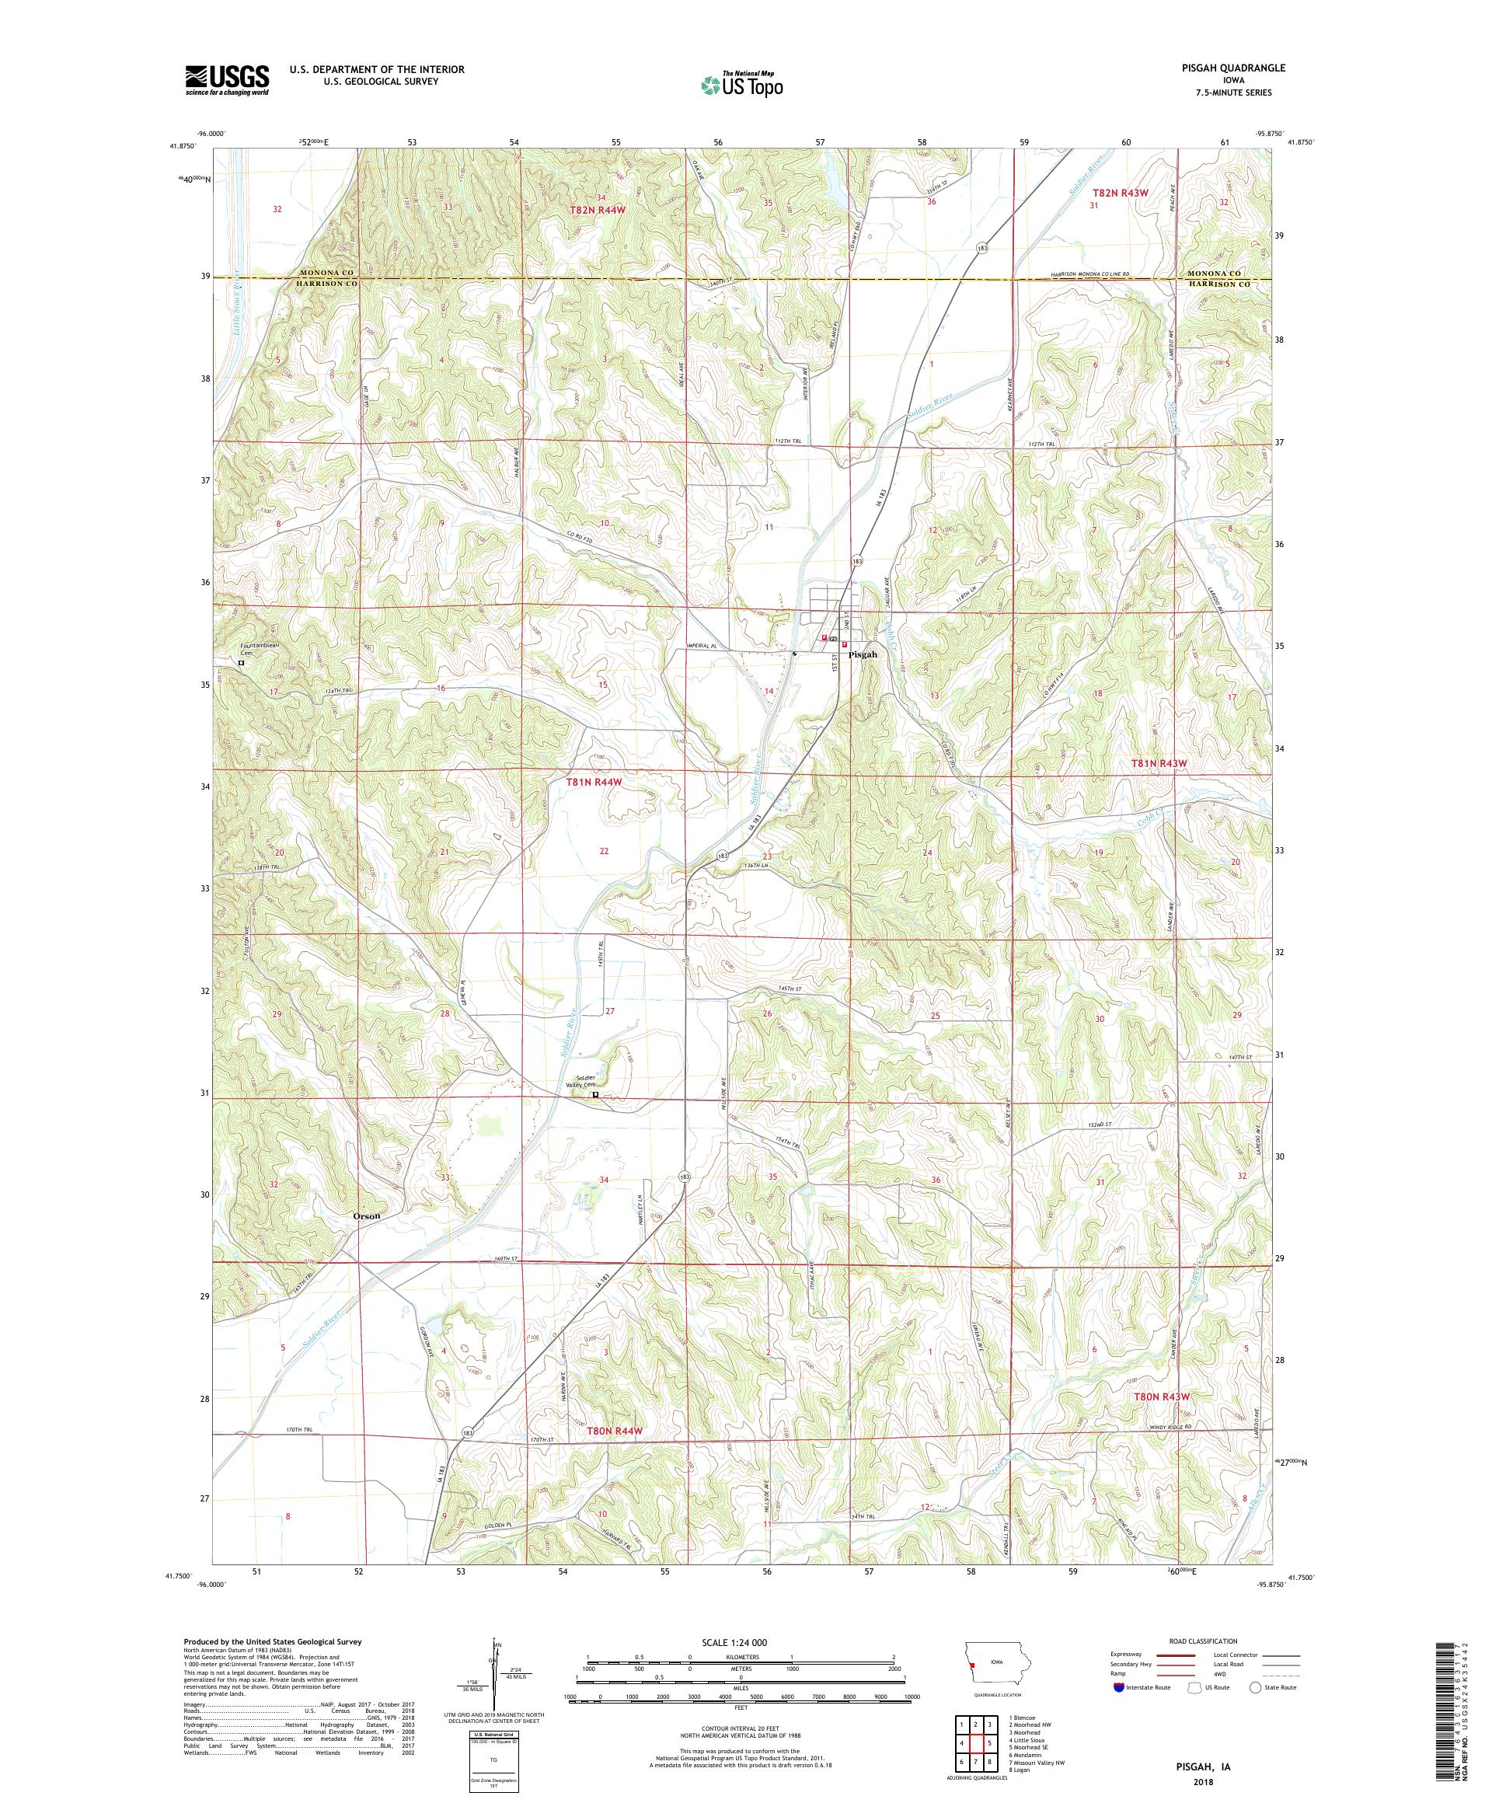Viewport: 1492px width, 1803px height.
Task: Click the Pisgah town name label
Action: [x=863, y=654]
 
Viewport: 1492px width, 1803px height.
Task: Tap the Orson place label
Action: [x=366, y=1216]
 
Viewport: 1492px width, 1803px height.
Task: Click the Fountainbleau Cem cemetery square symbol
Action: [x=241, y=663]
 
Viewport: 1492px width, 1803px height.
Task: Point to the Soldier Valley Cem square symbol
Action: [x=595, y=1095]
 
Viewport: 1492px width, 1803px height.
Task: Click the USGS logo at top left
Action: [x=227, y=81]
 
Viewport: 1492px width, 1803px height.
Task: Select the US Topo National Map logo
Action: [x=743, y=84]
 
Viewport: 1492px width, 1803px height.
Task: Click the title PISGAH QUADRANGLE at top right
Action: [x=1237, y=67]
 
